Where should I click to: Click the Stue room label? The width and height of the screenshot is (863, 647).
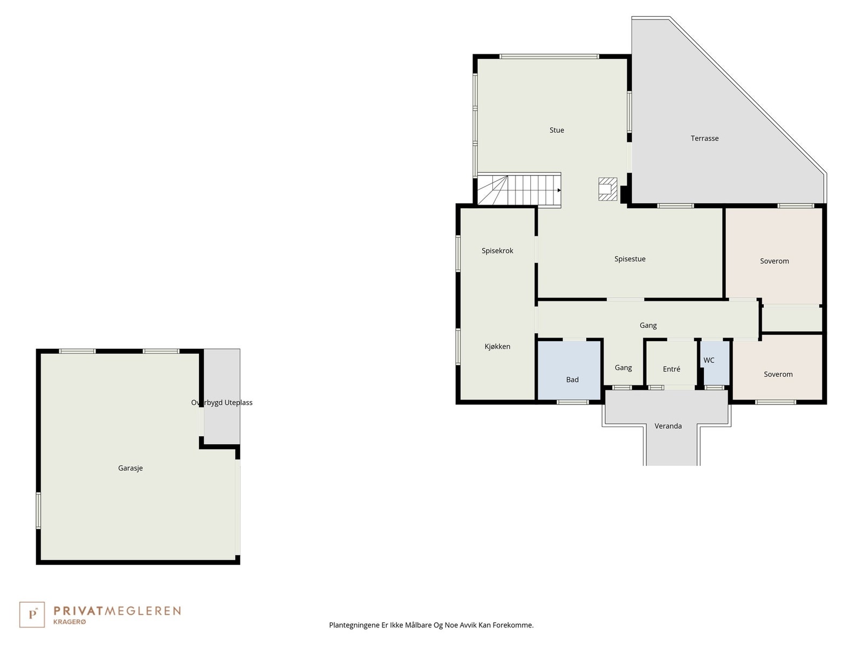point(557,130)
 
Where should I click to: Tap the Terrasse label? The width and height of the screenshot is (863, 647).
point(704,139)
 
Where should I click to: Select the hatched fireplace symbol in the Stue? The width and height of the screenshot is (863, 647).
point(607,189)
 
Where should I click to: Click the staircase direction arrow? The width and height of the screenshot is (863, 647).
point(559,190)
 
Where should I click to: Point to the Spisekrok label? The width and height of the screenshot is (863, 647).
point(497,251)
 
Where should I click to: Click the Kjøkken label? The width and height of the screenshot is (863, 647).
point(497,347)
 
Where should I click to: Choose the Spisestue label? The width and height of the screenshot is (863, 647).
point(629,259)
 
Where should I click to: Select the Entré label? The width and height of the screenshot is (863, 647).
point(671,369)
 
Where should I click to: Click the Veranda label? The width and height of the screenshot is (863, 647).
point(668,426)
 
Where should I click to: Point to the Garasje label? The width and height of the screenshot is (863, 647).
point(131,468)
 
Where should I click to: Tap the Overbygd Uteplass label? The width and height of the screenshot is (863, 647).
point(222,403)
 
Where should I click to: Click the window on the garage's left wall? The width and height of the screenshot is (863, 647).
point(38,510)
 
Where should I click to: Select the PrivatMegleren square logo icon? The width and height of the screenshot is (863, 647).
point(32,615)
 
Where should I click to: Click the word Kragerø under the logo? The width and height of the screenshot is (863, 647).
point(70,622)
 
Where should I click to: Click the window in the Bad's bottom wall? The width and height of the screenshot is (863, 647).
point(572,402)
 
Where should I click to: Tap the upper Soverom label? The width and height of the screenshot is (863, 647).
point(774,261)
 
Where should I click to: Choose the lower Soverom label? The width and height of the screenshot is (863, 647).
point(778,374)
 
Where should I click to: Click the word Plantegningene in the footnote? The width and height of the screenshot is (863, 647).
point(353,625)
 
